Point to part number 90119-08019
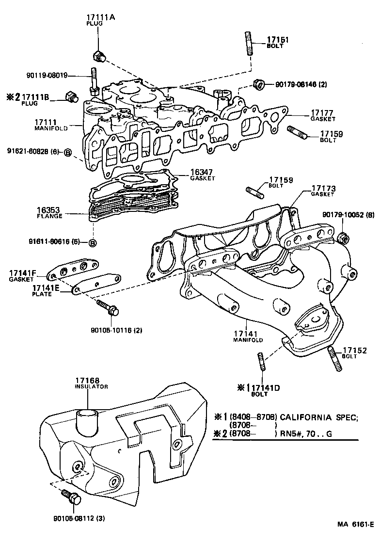coord(47,76)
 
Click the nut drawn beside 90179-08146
coord(259,84)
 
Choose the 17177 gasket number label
coord(320,112)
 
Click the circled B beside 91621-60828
coord(68,152)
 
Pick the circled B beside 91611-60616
coord(92,242)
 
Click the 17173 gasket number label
coord(323,188)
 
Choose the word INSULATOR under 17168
coord(91,386)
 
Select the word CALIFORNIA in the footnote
coord(308,416)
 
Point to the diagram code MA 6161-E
coord(355,525)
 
